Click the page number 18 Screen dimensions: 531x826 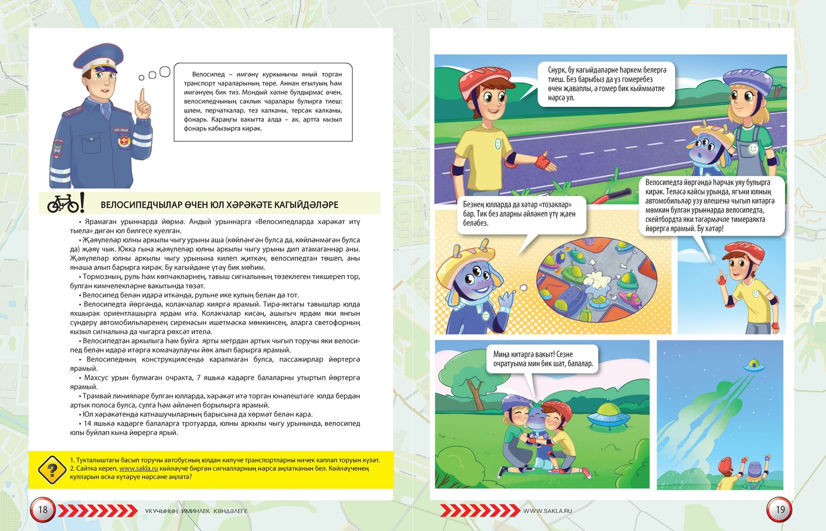42,510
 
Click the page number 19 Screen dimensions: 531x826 780,510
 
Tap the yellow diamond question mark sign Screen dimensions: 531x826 52,469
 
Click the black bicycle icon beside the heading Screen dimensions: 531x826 63,203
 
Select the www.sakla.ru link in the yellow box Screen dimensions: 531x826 139,468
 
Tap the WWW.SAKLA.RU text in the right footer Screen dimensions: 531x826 547,511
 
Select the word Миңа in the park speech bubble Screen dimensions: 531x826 502,354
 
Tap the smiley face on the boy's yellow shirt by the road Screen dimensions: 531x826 497,144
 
